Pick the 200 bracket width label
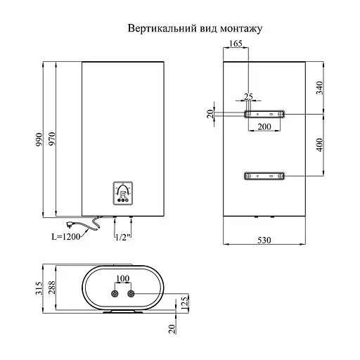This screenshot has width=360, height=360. point(264,126)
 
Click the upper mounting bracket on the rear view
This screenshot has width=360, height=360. point(264,114)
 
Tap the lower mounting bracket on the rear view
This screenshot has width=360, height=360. point(264,175)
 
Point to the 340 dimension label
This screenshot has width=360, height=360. point(320,88)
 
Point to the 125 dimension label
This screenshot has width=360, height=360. point(185,302)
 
